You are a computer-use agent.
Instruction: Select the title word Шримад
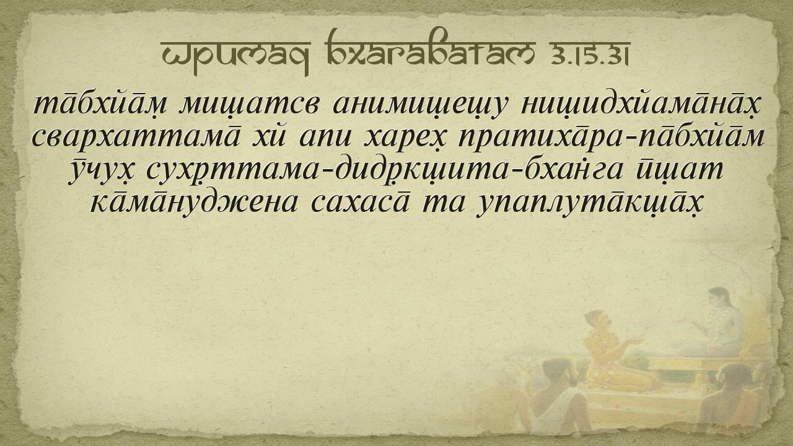[x=235, y=56]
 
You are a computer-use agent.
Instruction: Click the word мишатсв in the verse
[x=248, y=105]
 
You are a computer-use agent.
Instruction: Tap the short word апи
[x=326, y=138]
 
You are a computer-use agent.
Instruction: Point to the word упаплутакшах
[x=589, y=204]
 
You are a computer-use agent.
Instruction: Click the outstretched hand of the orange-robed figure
[x=636, y=341]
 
